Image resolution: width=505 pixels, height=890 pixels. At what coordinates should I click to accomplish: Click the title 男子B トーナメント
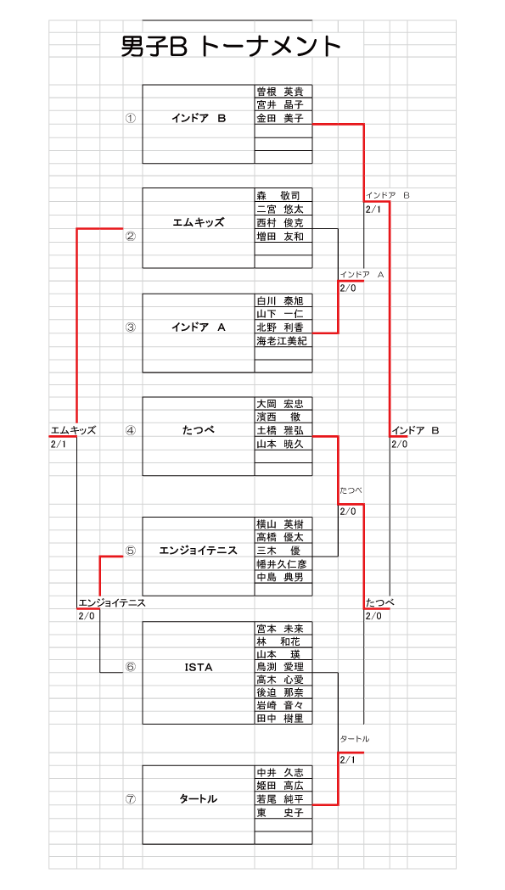(231, 48)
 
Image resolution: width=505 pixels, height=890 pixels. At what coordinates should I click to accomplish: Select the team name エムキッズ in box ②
(199, 222)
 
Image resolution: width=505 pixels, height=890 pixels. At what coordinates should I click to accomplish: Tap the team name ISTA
(199, 668)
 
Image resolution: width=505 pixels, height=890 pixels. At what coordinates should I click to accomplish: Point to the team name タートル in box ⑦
(199, 798)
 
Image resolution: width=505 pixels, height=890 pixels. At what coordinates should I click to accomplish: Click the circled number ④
(131, 430)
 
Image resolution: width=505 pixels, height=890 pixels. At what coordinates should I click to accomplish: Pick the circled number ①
(131, 118)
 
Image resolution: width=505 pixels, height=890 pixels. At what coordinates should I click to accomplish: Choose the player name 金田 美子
(280, 118)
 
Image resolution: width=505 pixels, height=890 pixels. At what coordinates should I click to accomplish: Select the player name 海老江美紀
(282, 340)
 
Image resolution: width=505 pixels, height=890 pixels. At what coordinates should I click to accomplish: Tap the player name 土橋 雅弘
(280, 431)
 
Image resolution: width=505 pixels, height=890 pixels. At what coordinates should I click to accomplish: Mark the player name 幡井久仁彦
(282, 564)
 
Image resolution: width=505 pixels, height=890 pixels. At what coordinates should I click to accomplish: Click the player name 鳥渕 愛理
(280, 666)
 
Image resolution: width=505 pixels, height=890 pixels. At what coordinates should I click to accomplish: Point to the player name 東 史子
(280, 812)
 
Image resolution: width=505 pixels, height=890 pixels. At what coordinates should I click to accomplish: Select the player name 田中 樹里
(280, 718)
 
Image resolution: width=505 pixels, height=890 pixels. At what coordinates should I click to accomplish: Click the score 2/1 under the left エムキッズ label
(59, 443)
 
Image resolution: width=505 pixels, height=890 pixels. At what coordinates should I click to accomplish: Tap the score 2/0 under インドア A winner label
(348, 288)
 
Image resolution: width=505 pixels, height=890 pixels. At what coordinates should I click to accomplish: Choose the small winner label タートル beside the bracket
(355, 738)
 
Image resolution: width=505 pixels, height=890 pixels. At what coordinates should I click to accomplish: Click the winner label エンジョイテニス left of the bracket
(112, 602)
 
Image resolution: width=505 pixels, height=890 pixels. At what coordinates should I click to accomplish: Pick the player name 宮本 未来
(280, 629)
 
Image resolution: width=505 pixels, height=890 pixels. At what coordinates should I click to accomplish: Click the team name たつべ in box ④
(199, 430)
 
